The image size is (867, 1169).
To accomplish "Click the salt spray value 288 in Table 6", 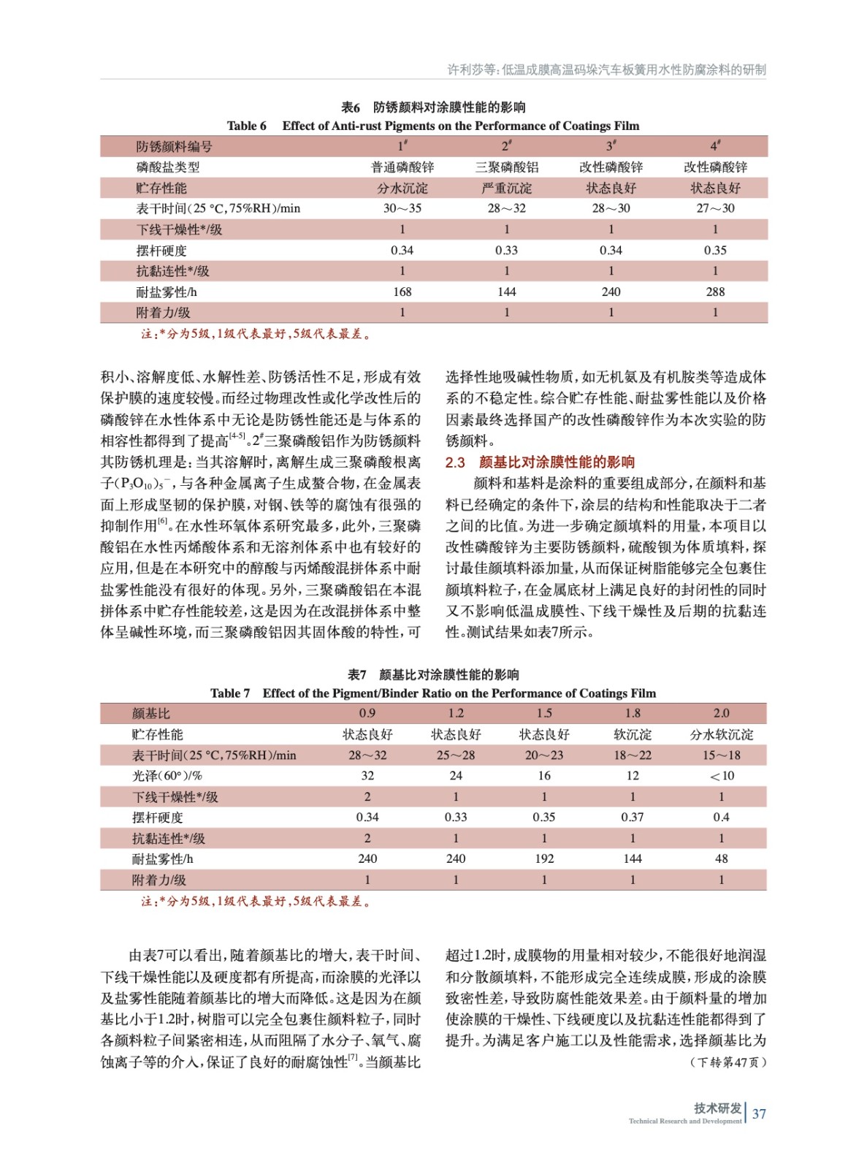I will tap(715, 292).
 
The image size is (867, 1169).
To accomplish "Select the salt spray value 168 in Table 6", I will tap(402, 292).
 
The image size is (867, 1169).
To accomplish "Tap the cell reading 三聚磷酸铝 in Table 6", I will tap(506, 167).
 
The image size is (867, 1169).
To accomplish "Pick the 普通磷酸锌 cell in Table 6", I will tap(402, 167).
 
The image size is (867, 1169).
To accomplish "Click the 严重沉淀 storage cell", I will tap(506, 188).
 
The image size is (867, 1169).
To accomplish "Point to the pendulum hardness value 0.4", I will tap(721, 817).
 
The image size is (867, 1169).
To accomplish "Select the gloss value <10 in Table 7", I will tap(721, 775).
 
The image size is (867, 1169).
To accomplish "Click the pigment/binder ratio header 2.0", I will tap(721, 713).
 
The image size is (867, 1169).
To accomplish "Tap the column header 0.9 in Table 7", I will tap(367, 713).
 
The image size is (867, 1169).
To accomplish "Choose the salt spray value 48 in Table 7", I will tap(721, 858).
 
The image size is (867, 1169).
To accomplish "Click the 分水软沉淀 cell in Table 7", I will tap(721, 734).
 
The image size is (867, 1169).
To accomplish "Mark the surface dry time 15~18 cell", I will tap(721, 755).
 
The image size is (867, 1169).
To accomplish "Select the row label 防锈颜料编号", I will tap(174, 146).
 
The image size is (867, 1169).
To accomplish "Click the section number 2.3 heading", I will tap(455, 462).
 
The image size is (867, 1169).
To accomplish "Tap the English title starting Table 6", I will tap(433, 126).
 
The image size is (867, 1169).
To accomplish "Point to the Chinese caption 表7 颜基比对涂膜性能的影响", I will tap(433, 674).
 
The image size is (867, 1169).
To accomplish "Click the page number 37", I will tap(759, 1113).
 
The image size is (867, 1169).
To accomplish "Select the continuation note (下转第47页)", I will tap(727, 1062).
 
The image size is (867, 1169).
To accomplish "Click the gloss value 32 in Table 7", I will tap(367, 775).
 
